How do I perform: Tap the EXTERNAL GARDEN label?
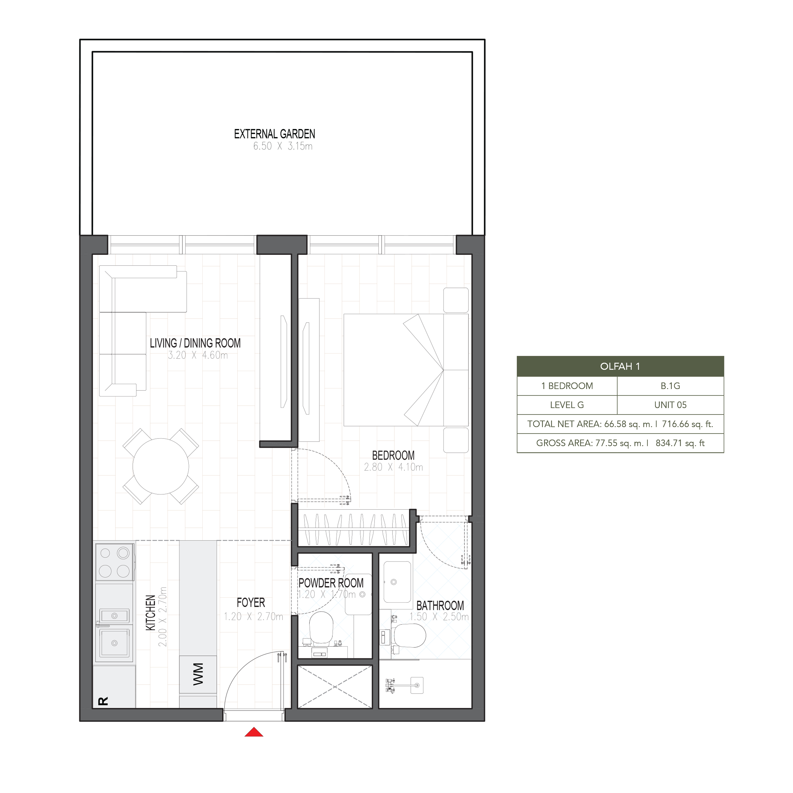click(x=275, y=134)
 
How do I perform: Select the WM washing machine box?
click(x=198, y=674)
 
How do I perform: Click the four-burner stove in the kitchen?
click(x=114, y=562)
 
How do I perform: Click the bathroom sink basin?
click(x=397, y=582)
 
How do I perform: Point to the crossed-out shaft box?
click(x=334, y=687)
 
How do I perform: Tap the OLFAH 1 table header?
click(x=620, y=367)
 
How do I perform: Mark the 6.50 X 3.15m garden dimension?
click(x=283, y=146)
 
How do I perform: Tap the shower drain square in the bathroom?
click(x=417, y=685)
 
